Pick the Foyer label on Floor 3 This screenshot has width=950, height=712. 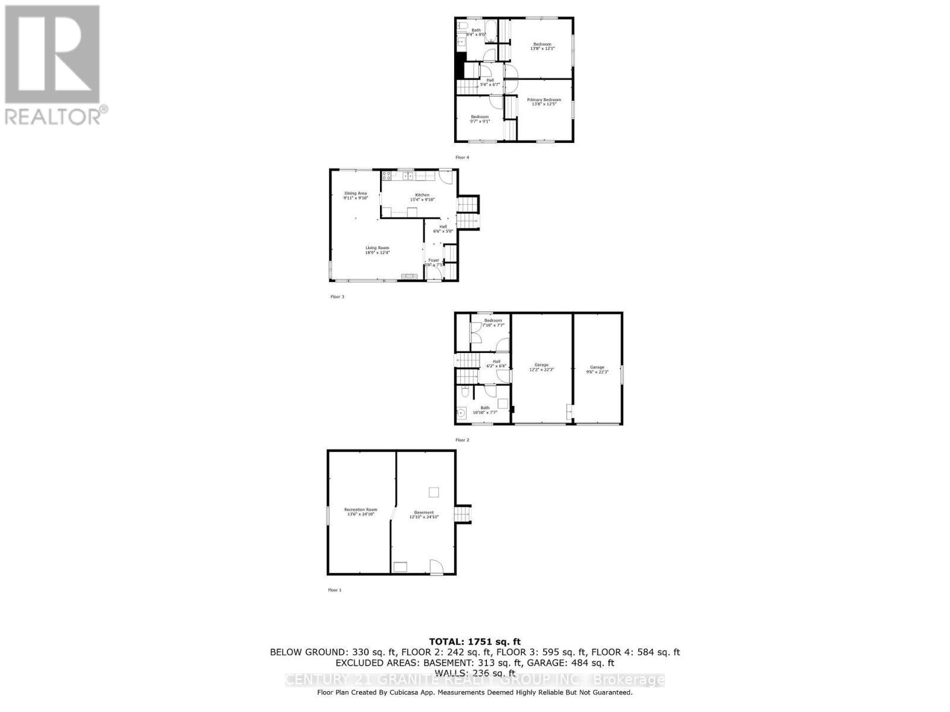coord(434,260)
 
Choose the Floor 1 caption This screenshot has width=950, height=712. coord(335,590)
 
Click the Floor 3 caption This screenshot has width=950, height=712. coord(337,297)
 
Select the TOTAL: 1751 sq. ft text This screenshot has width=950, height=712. coord(474,641)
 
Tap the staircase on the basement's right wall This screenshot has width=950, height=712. coord(463,514)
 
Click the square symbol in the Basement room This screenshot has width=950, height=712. coord(434,492)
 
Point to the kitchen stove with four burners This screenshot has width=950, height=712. coord(386,176)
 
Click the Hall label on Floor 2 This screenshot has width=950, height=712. coord(496,361)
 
